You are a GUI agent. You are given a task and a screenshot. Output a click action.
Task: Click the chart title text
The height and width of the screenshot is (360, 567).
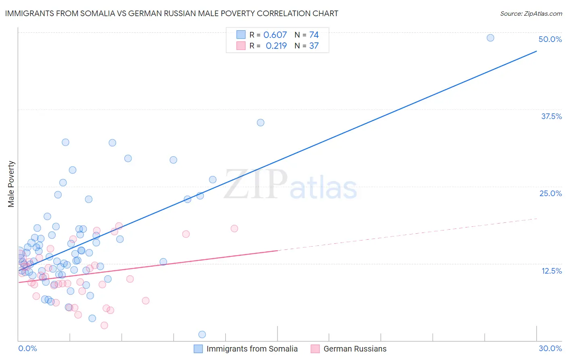171,13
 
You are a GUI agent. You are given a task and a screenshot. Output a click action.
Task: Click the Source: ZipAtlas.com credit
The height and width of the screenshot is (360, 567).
531,13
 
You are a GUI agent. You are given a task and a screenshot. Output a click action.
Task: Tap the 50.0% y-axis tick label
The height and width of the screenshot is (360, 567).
550,39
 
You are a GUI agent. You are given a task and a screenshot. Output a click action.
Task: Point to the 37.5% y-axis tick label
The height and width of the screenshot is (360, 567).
551,116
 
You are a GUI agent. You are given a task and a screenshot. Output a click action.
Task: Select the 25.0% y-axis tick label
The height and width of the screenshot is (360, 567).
550,193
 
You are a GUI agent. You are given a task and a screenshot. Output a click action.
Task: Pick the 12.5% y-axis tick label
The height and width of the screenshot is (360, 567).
551,271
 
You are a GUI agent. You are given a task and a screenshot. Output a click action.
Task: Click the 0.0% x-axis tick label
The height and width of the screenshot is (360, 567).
27,348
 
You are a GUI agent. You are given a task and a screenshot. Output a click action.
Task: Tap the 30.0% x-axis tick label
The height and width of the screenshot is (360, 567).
550,348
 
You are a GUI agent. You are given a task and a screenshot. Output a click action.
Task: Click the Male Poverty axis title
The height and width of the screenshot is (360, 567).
11,184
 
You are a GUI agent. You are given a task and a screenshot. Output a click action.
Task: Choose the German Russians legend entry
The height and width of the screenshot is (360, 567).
355,349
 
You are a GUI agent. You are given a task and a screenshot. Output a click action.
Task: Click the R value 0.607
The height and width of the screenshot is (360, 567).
275,35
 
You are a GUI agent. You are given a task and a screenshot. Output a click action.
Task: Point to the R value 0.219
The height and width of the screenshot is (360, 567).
276,46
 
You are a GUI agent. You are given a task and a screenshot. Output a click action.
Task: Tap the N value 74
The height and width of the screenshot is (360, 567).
314,35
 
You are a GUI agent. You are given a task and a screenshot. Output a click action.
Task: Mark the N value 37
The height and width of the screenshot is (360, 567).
314,46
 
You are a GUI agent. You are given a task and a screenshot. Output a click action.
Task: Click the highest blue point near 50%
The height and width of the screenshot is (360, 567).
490,38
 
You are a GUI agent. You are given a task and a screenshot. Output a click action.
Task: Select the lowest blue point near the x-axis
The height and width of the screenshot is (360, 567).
202,335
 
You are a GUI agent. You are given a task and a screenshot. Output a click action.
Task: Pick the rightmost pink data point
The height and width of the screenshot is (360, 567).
234,228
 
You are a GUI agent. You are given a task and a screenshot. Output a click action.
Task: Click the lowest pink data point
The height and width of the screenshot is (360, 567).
104,325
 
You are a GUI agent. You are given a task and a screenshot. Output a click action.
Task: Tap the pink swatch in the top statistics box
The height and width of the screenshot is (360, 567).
241,46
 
